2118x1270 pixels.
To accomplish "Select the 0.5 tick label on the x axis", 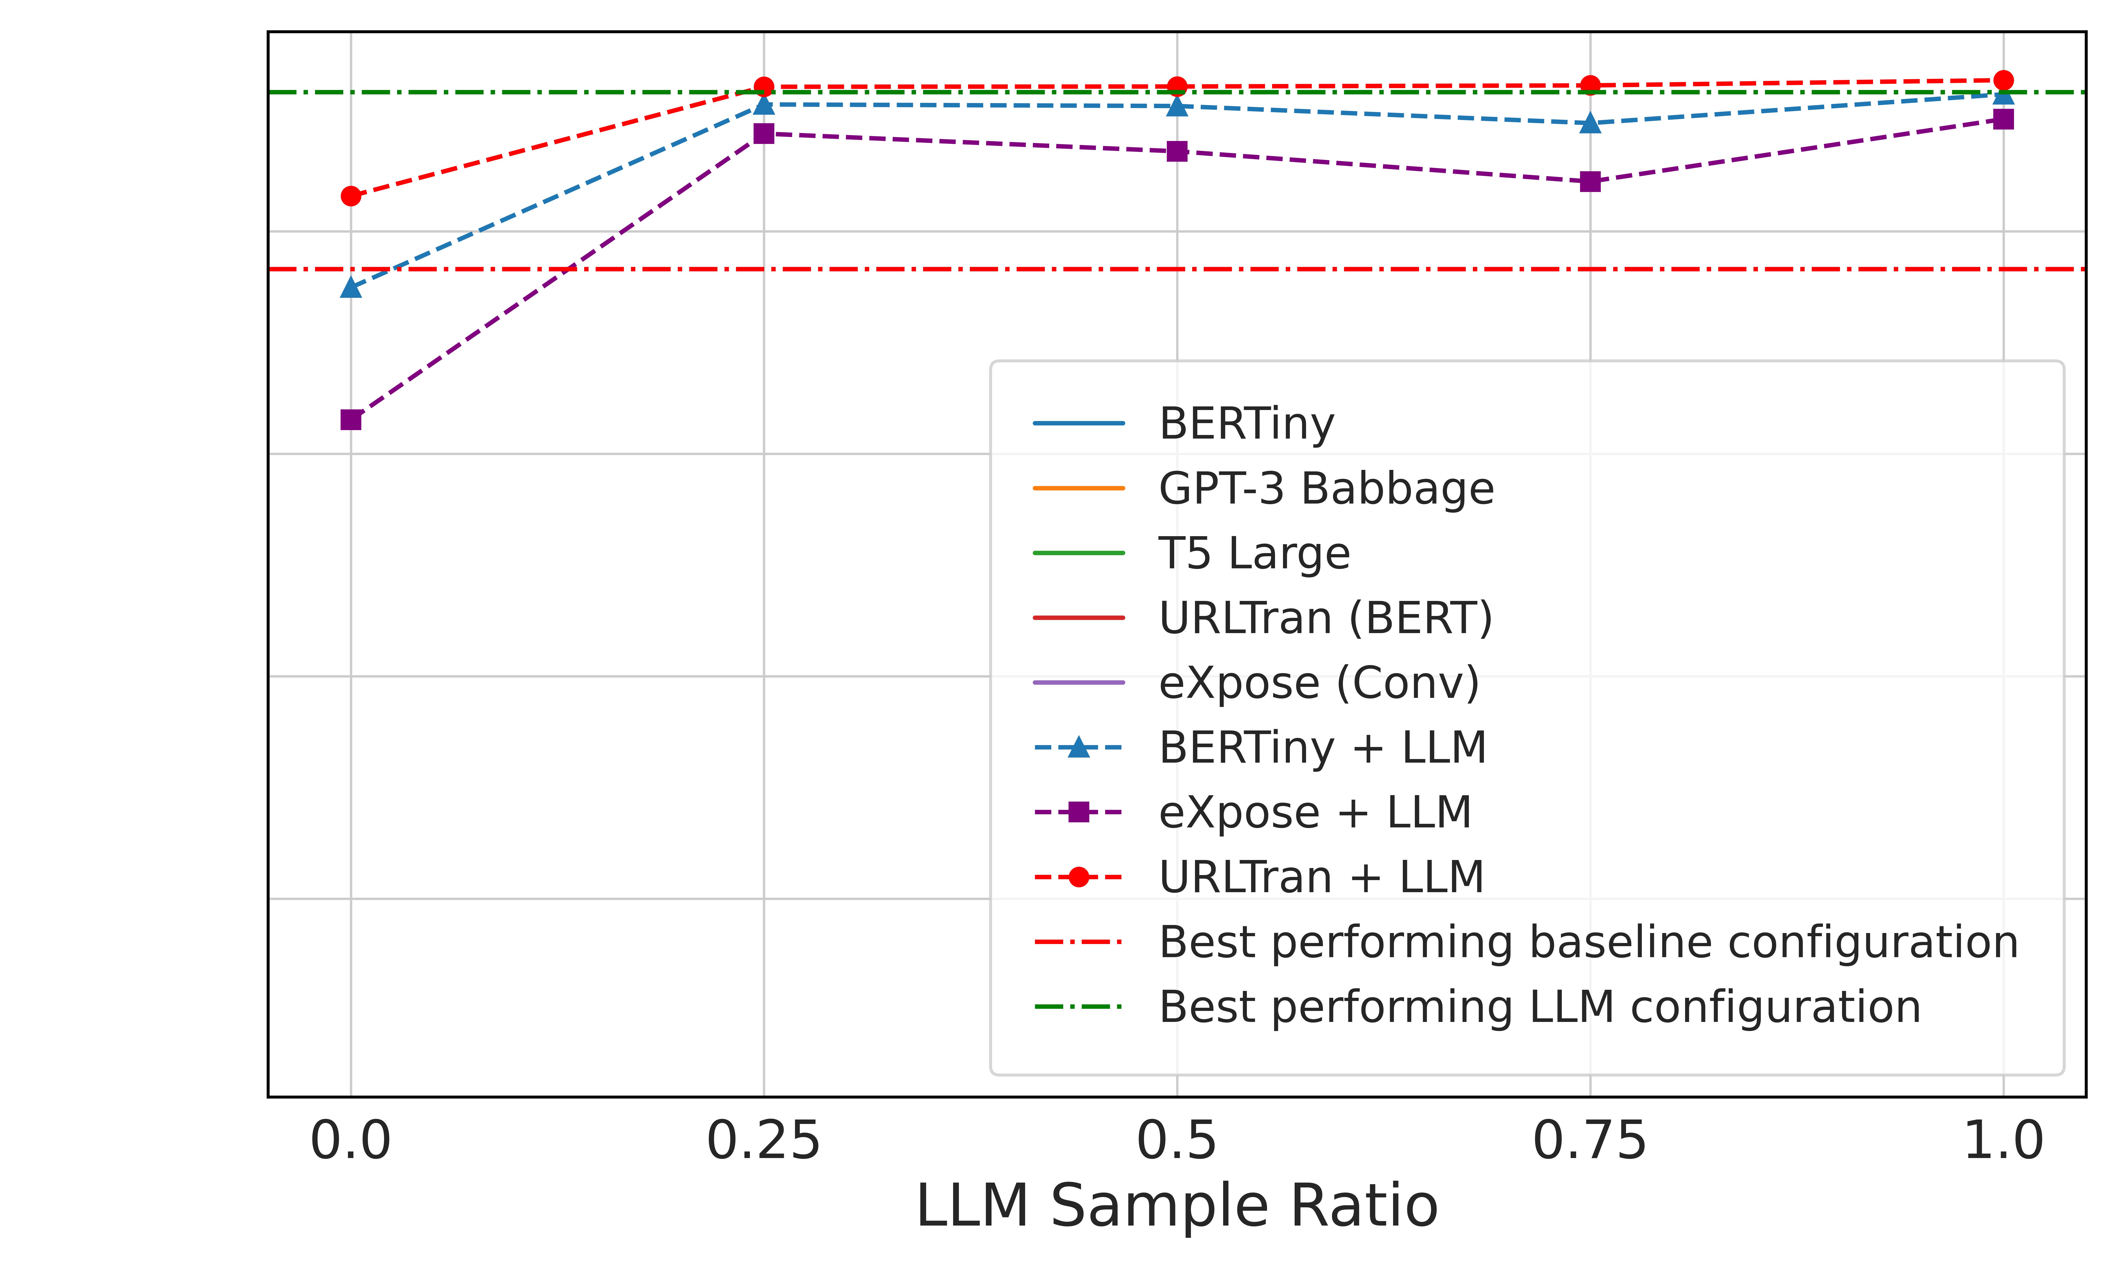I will [x=1176, y=1142].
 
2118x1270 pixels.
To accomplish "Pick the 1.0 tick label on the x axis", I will [x=2002, y=1142].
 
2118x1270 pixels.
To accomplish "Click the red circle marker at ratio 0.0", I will [x=351, y=196].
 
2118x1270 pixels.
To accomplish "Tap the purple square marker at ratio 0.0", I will [x=351, y=419].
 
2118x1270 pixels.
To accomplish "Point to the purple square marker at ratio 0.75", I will [x=1590, y=181].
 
